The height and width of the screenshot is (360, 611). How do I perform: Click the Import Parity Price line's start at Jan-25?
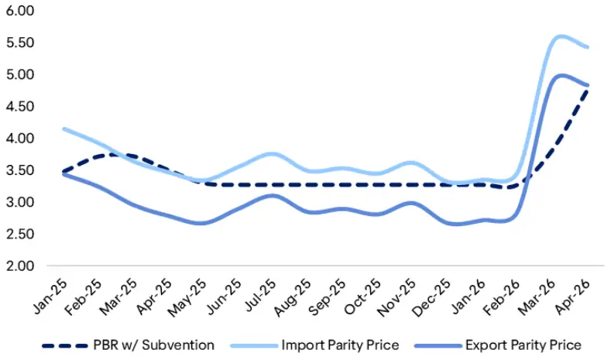click(x=63, y=129)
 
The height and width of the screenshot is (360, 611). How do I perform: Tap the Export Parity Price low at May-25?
click(x=199, y=223)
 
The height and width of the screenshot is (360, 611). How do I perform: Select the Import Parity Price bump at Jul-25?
click(x=266, y=153)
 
